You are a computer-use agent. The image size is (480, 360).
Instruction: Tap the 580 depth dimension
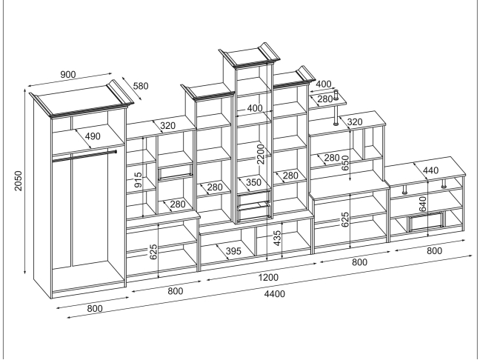coord(140,86)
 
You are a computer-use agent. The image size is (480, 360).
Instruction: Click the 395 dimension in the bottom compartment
coord(233,251)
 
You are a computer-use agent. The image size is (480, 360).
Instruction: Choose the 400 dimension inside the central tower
coord(255,109)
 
